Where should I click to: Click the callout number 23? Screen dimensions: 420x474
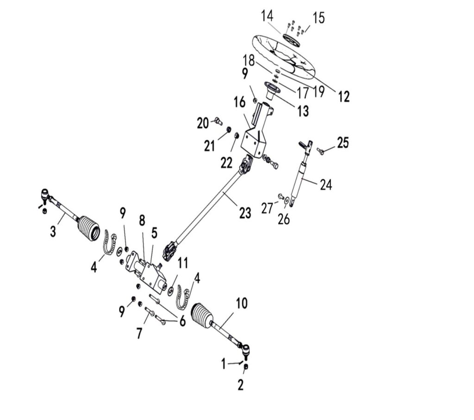click(245, 213)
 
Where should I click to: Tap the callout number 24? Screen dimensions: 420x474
click(325, 185)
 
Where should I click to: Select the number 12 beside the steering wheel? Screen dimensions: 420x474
click(343, 97)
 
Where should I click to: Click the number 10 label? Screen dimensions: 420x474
click(242, 303)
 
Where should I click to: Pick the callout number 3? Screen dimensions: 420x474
click(53, 231)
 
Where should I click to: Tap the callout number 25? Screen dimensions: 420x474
click(343, 143)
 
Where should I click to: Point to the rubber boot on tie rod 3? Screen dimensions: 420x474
click(89, 227)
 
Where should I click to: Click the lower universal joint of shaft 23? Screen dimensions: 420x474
click(169, 252)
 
